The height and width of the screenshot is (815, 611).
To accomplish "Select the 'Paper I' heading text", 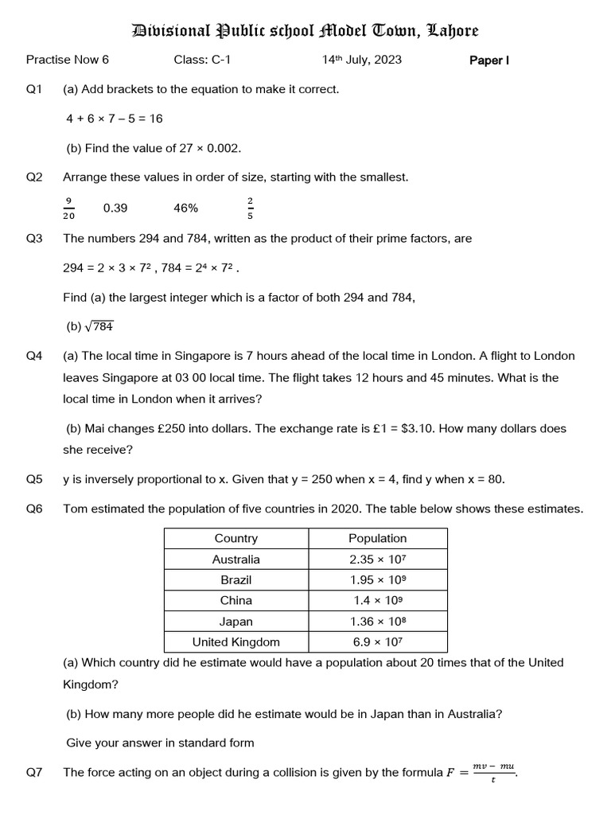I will pyautogui.click(x=489, y=60).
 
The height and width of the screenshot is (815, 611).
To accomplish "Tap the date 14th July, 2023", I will pyautogui.click(x=361, y=60).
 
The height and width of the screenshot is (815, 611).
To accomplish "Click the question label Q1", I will pyautogui.click(x=34, y=89).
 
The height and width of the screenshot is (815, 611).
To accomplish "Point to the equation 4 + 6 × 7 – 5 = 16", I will pyautogui.click(x=115, y=119).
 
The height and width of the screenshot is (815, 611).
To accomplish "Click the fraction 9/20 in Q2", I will pyautogui.click(x=68, y=209).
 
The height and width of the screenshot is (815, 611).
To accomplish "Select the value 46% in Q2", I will pyautogui.click(x=185, y=209).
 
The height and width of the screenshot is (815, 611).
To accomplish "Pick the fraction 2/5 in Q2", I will pyautogui.click(x=251, y=209).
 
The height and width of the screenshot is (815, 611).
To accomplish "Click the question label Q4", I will pyautogui.click(x=34, y=356).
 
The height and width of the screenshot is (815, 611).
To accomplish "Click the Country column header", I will pyautogui.click(x=235, y=539).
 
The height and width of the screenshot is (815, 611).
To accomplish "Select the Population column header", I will pyautogui.click(x=377, y=539).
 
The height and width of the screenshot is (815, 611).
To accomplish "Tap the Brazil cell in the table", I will pyautogui.click(x=235, y=580).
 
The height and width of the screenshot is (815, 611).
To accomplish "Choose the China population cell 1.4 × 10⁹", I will pyautogui.click(x=377, y=601).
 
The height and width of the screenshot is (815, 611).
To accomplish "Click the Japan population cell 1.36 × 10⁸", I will pyautogui.click(x=377, y=622).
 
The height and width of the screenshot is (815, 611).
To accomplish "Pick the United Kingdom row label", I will pyautogui.click(x=235, y=642).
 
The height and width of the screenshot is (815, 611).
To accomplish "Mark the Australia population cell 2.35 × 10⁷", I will pyautogui.click(x=377, y=560).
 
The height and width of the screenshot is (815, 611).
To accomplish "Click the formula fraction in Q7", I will pyautogui.click(x=494, y=772).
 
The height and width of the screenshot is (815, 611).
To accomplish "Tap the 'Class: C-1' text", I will pyautogui.click(x=202, y=60).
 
